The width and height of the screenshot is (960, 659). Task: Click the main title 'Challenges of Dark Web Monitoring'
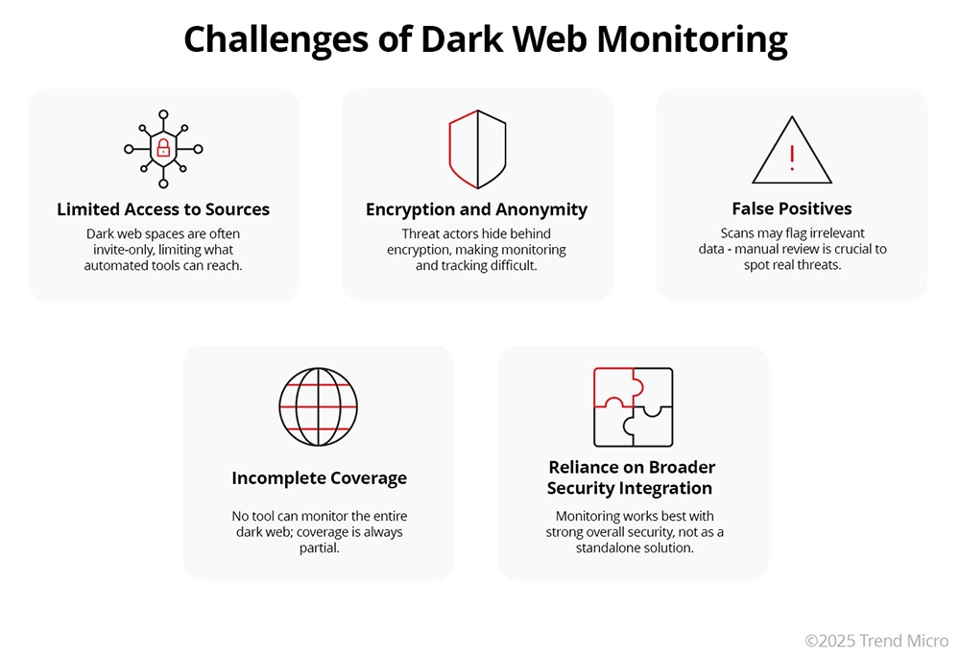pos(485,39)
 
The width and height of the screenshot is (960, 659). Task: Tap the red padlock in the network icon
pos(163,148)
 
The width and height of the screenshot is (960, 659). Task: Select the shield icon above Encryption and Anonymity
pos(477,149)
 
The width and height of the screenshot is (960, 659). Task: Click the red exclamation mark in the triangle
pos(792,158)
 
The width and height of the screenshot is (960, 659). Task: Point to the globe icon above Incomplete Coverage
pos(317,407)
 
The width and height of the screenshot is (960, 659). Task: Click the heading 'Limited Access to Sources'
pos(163,209)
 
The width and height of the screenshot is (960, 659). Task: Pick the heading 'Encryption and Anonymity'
pos(476,209)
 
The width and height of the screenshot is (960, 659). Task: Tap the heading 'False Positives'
pos(791,208)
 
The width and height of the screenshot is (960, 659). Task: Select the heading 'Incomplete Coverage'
pos(319,478)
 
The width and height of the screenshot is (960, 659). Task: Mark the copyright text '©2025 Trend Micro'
pos(876,640)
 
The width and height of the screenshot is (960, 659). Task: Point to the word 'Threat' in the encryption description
pos(421,233)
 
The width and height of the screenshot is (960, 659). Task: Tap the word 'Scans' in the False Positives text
pos(739,233)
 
